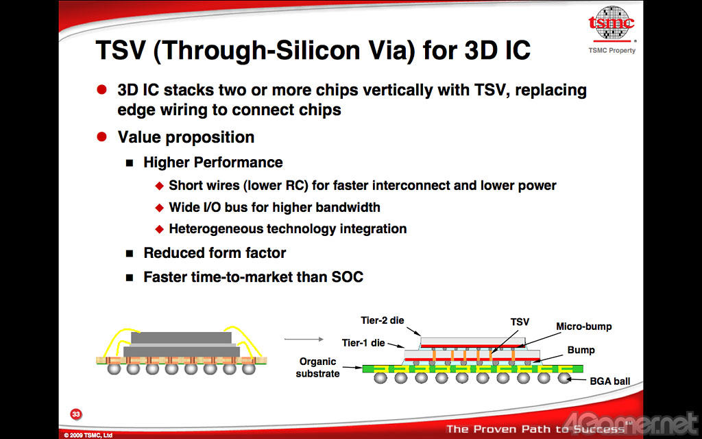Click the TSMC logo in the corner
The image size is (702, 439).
tap(611, 23)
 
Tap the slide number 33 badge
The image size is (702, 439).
tap(76, 414)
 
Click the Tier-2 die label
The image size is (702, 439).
tap(383, 320)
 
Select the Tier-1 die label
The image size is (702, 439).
tap(363, 343)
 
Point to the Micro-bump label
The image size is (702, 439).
tap(584, 327)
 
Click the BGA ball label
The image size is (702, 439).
tap(609, 381)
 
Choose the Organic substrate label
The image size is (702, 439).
tap(317, 368)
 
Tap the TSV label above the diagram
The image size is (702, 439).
tap(520, 322)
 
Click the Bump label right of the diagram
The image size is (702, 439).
tap(581, 350)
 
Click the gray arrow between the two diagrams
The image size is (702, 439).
tap(304, 339)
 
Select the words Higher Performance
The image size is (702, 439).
tap(213, 162)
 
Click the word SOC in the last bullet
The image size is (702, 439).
tap(347, 277)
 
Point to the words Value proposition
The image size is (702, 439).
tap(186, 137)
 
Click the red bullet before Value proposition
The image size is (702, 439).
tap(101, 137)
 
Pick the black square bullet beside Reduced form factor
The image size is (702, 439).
tap(130, 254)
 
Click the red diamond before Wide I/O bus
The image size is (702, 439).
tap(159, 208)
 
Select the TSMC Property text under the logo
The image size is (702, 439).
tap(612, 50)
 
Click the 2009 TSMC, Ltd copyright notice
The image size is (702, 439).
tap(88, 435)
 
